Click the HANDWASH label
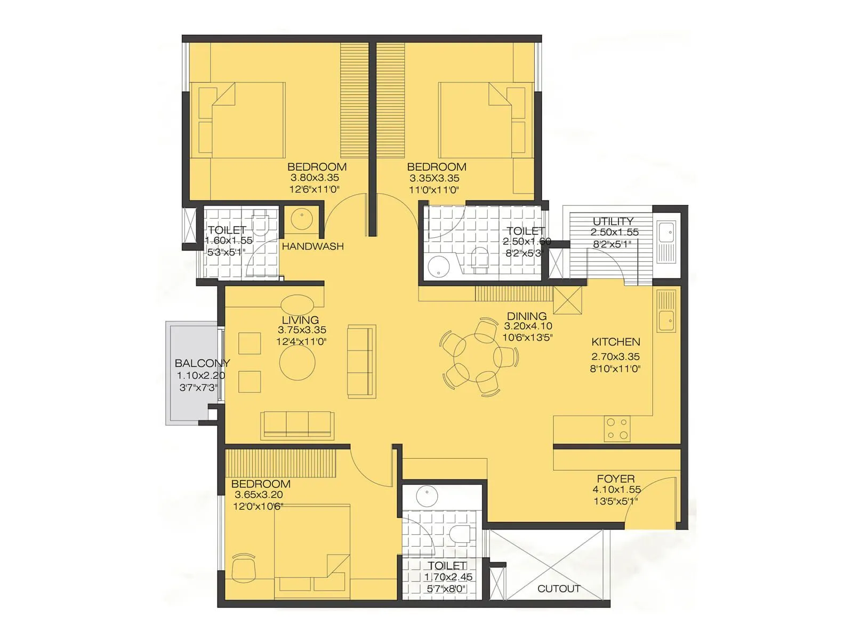(x=312, y=246)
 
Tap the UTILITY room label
(x=613, y=221)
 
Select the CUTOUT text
(x=559, y=589)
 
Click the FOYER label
(x=615, y=479)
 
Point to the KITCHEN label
(x=616, y=342)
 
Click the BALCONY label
(x=202, y=363)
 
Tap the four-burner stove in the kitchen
(x=617, y=429)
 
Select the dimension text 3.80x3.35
(x=315, y=178)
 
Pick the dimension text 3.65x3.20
(x=259, y=495)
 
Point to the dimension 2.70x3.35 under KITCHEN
(x=615, y=357)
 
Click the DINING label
(x=526, y=316)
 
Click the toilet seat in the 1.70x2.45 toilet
(x=458, y=533)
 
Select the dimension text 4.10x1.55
(x=616, y=490)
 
